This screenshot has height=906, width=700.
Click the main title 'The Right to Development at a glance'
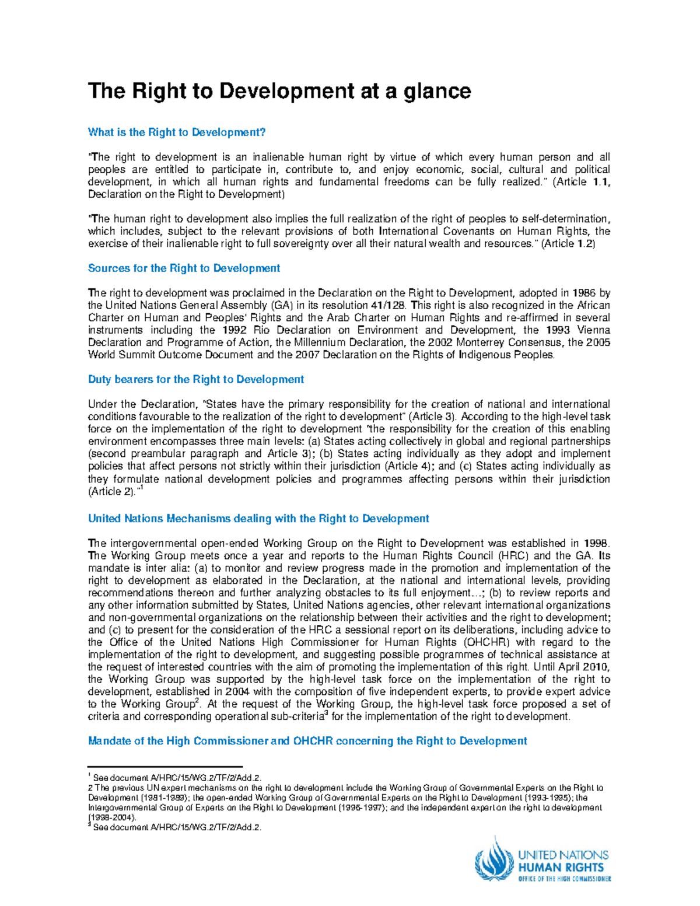point(279,92)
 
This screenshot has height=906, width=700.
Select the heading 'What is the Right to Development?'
point(176,132)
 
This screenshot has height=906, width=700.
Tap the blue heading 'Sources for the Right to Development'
point(184,268)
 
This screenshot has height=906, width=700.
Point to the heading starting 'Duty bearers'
point(195,380)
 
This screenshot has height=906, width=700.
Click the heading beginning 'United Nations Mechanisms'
point(258,519)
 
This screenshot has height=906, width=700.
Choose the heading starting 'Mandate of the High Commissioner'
point(307,741)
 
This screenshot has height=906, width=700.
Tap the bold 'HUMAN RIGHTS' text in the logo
point(561,867)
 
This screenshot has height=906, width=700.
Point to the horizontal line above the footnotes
point(164,767)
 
